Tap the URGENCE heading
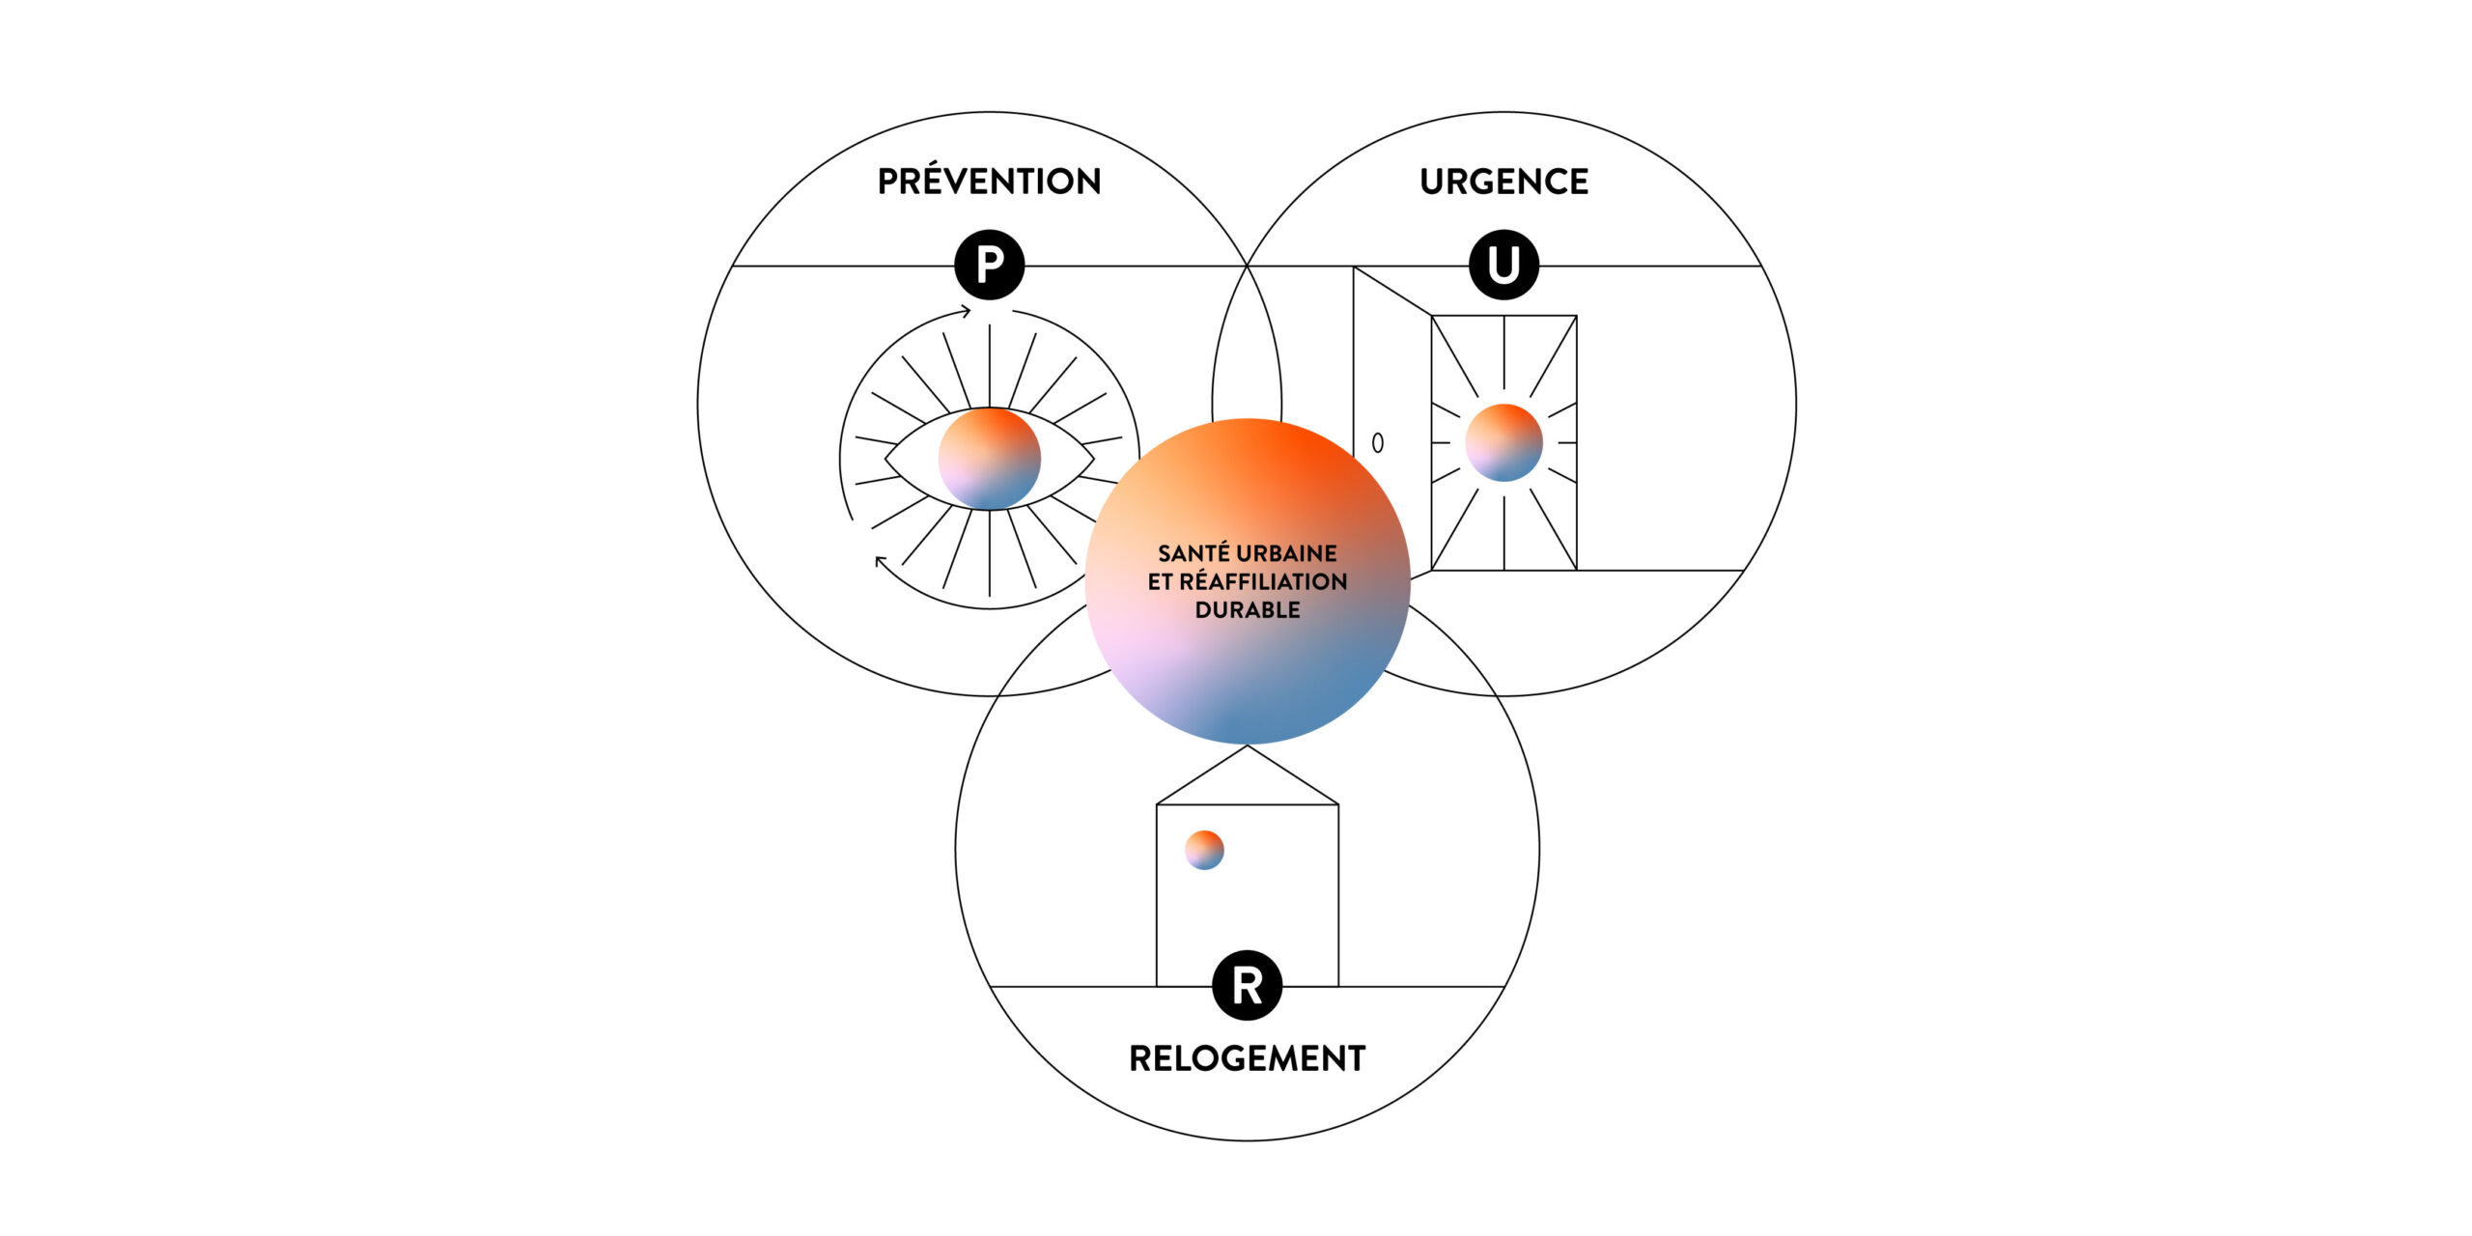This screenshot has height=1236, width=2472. tap(1503, 182)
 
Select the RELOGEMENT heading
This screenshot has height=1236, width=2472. tap(1247, 1058)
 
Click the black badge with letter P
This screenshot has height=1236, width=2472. tap(990, 265)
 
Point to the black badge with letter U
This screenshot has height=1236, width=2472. tap(1503, 265)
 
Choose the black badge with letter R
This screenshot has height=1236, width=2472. tap(1247, 986)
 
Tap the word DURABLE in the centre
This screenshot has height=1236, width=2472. tap(1248, 610)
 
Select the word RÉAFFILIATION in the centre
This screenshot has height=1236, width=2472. tap(1263, 581)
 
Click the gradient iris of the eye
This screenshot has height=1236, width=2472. tap(990, 459)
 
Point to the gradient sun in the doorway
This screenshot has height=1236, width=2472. tap(1503, 442)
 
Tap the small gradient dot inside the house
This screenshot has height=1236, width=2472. tap(1204, 850)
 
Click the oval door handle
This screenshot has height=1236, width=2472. tap(1378, 442)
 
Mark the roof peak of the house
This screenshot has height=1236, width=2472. tap(1248, 745)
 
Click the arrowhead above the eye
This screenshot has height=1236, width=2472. tap(965, 311)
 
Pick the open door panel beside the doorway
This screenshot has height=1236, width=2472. tap(1391, 417)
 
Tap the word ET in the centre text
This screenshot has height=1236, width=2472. tap(1160, 581)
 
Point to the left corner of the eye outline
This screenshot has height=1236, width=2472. tap(885, 459)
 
